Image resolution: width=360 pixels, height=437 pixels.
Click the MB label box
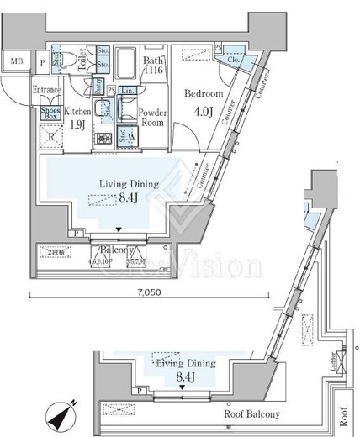(15, 61)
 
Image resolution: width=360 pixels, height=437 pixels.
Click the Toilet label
(82, 61)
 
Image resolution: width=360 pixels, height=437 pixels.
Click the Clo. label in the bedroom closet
(232, 60)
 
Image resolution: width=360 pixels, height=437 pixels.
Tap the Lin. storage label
(128, 90)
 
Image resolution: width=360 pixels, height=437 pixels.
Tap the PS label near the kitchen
(111, 90)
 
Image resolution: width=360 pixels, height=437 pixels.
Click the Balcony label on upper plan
(118, 250)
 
